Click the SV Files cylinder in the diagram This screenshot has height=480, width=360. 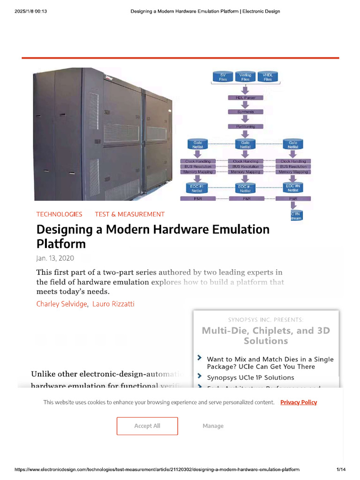click(x=223, y=77)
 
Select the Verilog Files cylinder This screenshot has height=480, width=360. click(x=245, y=77)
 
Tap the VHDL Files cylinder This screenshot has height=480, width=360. click(x=268, y=77)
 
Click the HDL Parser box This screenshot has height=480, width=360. click(x=246, y=97)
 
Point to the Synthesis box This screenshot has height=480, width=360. click(x=246, y=112)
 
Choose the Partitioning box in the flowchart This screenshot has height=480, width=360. click(x=246, y=127)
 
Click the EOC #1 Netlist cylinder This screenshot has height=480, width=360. click(x=197, y=188)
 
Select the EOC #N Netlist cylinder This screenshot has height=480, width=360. click(x=293, y=188)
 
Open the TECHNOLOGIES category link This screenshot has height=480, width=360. click(x=60, y=214)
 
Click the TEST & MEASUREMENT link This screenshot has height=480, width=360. click(x=130, y=214)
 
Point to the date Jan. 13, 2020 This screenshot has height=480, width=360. click(x=55, y=258)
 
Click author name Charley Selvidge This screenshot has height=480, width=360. click(x=62, y=304)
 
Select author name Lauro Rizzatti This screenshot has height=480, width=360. click(x=113, y=304)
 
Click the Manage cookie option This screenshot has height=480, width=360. click(x=213, y=426)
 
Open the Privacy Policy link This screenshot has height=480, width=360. click(x=299, y=402)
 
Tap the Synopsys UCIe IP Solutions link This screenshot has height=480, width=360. click(x=251, y=377)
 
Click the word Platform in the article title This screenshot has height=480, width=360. click(x=61, y=244)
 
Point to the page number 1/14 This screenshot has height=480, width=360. click(x=341, y=470)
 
